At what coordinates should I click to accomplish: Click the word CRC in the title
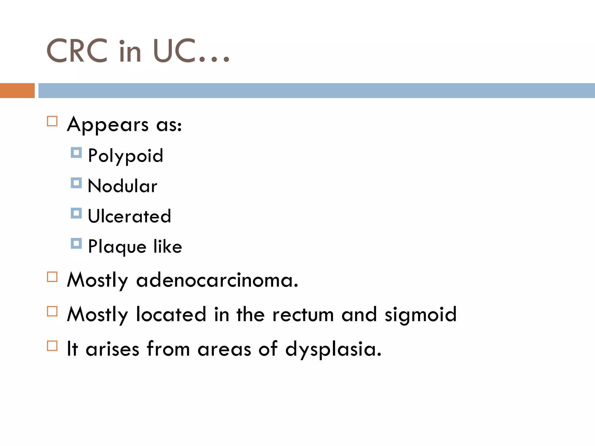click(77, 51)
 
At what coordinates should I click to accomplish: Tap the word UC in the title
click(174, 51)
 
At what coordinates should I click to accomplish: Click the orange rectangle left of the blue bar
click(17, 91)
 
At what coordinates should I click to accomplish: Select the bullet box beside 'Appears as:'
click(52, 121)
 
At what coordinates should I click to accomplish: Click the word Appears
click(108, 125)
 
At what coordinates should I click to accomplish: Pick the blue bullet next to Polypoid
click(76, 153)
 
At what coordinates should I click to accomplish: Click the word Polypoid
click(126, 156)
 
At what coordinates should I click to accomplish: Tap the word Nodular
click(122, 186)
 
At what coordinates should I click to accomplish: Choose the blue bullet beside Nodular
click(76, 183)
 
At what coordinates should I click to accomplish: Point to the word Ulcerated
click(129, 216)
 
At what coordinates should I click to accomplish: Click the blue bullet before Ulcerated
click(76, 213)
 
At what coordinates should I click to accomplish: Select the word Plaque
click(117, 247)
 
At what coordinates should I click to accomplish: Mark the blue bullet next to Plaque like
click(76, 244)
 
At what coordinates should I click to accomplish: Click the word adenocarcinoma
click(217, 280)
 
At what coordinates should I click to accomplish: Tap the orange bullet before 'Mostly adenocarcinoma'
click(52, 277)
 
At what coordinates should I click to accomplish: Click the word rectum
click(303, 315)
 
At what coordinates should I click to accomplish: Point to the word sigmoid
click(420, 315)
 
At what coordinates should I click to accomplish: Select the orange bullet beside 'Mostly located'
click(52, 311)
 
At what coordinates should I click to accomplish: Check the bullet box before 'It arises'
click(52, 346)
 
